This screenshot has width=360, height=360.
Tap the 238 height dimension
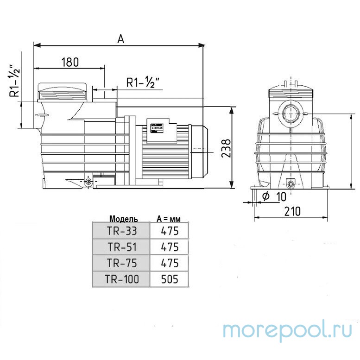point(226,147)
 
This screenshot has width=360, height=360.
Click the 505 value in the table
point(169,278)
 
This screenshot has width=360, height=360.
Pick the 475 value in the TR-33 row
point(169,230)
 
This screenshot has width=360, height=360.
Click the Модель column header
point(123,218)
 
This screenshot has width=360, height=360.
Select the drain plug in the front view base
point(292,184)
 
